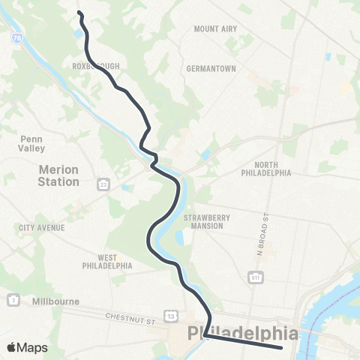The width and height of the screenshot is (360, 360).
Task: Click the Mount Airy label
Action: [x=215, y=28]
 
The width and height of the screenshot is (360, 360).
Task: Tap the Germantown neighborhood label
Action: [x=211, y=68]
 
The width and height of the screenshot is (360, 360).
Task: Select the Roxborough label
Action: [x=96, y=66]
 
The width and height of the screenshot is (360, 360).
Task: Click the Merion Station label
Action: [x=58, y=175]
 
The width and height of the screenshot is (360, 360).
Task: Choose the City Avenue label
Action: [x=42, y=227]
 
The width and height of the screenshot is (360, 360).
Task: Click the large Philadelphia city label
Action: [x=242, y=332]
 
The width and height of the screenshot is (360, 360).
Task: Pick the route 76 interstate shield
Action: [x=16, y=36]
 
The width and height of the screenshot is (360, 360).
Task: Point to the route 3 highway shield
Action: [x=13, y=300]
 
